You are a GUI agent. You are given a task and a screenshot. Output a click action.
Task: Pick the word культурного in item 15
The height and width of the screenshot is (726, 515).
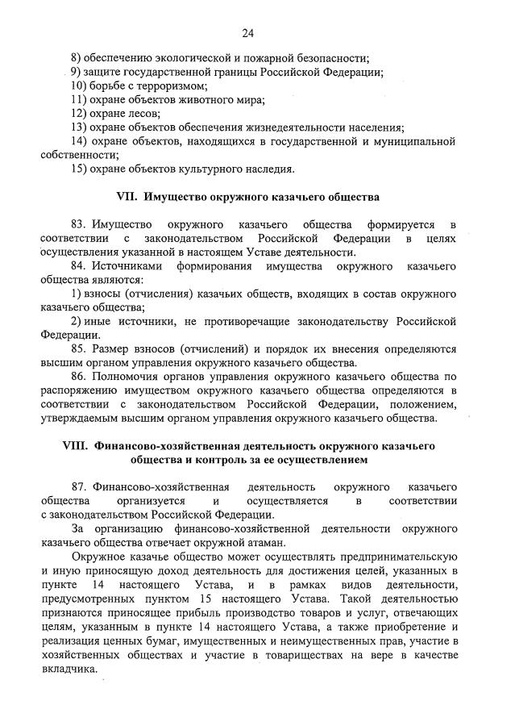206,169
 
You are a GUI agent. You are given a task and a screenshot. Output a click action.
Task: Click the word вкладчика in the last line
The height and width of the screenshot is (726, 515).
69,670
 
